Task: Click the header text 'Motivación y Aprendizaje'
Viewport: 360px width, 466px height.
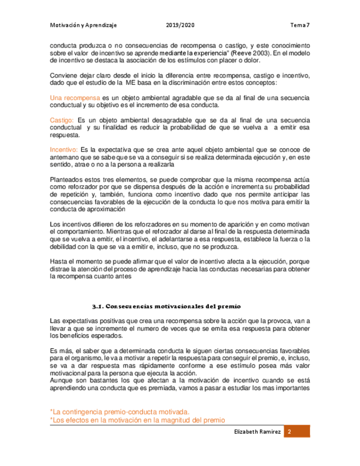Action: pyautogui.click(x=84, y=25)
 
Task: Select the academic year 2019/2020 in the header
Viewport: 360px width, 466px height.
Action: pyautogui.click(x=180, y=25)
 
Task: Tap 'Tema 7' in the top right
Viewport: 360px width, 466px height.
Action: pyautogui.click(x=300, y=25)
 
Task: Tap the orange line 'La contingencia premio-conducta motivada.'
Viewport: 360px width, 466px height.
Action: pyautogui.click(x=120, y=411)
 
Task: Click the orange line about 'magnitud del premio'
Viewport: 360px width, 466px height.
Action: pyautogui.click(x=137, y=420)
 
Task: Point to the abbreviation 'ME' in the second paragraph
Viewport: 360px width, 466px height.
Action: pyautogui.click(x=131, y=83)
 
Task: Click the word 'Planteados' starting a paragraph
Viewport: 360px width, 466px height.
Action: pyautogui.click(x=67, y=179)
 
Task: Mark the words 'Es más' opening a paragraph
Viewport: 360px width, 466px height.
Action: pyautogui.click(x=60, y=351)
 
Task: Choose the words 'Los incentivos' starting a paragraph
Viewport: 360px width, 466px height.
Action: pyautogui.click(x=71, y=224)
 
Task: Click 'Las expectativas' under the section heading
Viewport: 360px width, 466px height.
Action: pyautogui.click(x=74, y=321)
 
